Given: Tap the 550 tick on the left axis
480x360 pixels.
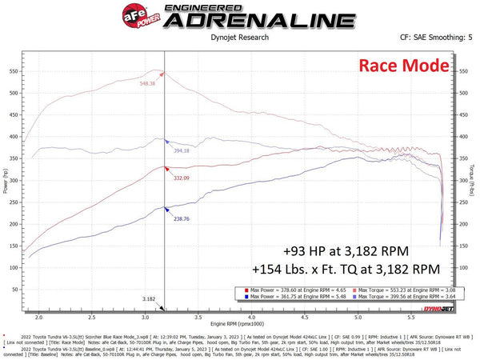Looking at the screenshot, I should point(14,71).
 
